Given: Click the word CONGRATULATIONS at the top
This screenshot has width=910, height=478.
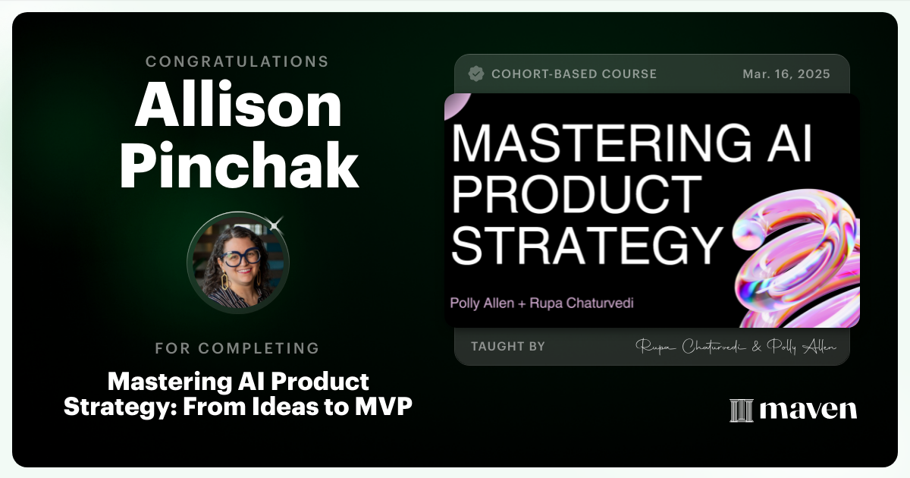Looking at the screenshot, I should tap(237, 61).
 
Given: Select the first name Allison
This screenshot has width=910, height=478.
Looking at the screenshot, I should tap(237, 107).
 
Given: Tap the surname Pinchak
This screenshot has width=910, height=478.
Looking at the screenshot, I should tap(239, 168).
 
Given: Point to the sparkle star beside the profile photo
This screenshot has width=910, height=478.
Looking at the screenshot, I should tap(276, 223).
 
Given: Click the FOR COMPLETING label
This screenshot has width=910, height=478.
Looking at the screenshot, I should tap(237, 348).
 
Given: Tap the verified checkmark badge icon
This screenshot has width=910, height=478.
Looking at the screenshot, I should tap(476, 74).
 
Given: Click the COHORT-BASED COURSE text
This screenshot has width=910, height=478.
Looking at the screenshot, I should tap(574, 74).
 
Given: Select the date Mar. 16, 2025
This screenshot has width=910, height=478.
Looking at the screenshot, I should tap(786, 74).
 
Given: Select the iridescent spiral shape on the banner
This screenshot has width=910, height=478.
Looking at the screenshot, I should tap(796, 258).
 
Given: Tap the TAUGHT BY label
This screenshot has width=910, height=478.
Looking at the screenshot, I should tap(507, 347).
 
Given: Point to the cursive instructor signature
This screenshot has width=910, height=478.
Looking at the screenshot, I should tap(736, 347).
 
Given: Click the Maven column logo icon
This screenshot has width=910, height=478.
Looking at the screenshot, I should tap(741, 410).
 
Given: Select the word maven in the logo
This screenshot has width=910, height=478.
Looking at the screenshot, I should tap(808, 410).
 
